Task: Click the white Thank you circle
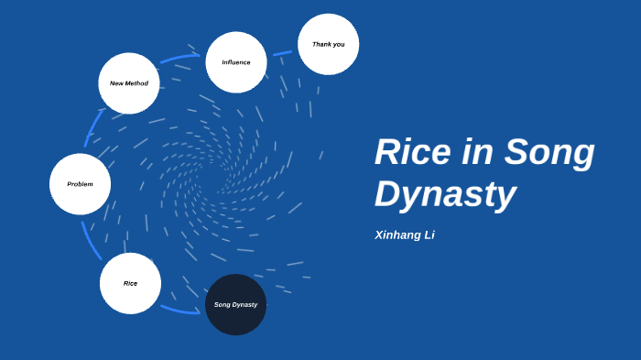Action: (x=328, y=44)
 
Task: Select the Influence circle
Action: (x=236, y=62)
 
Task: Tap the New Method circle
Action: (x=129, y=83)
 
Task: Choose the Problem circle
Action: (x=80, y=184)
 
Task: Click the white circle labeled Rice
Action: (x=130, y=283)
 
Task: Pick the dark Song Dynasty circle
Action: (x=235, y=304)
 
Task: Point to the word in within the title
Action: (x=477, y=153)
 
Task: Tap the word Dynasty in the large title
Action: (x=445, y=194)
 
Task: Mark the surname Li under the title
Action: (x=428, y=235)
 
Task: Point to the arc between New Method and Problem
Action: (x=92, y=128)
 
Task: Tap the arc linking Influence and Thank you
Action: (x=282, y=53)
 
